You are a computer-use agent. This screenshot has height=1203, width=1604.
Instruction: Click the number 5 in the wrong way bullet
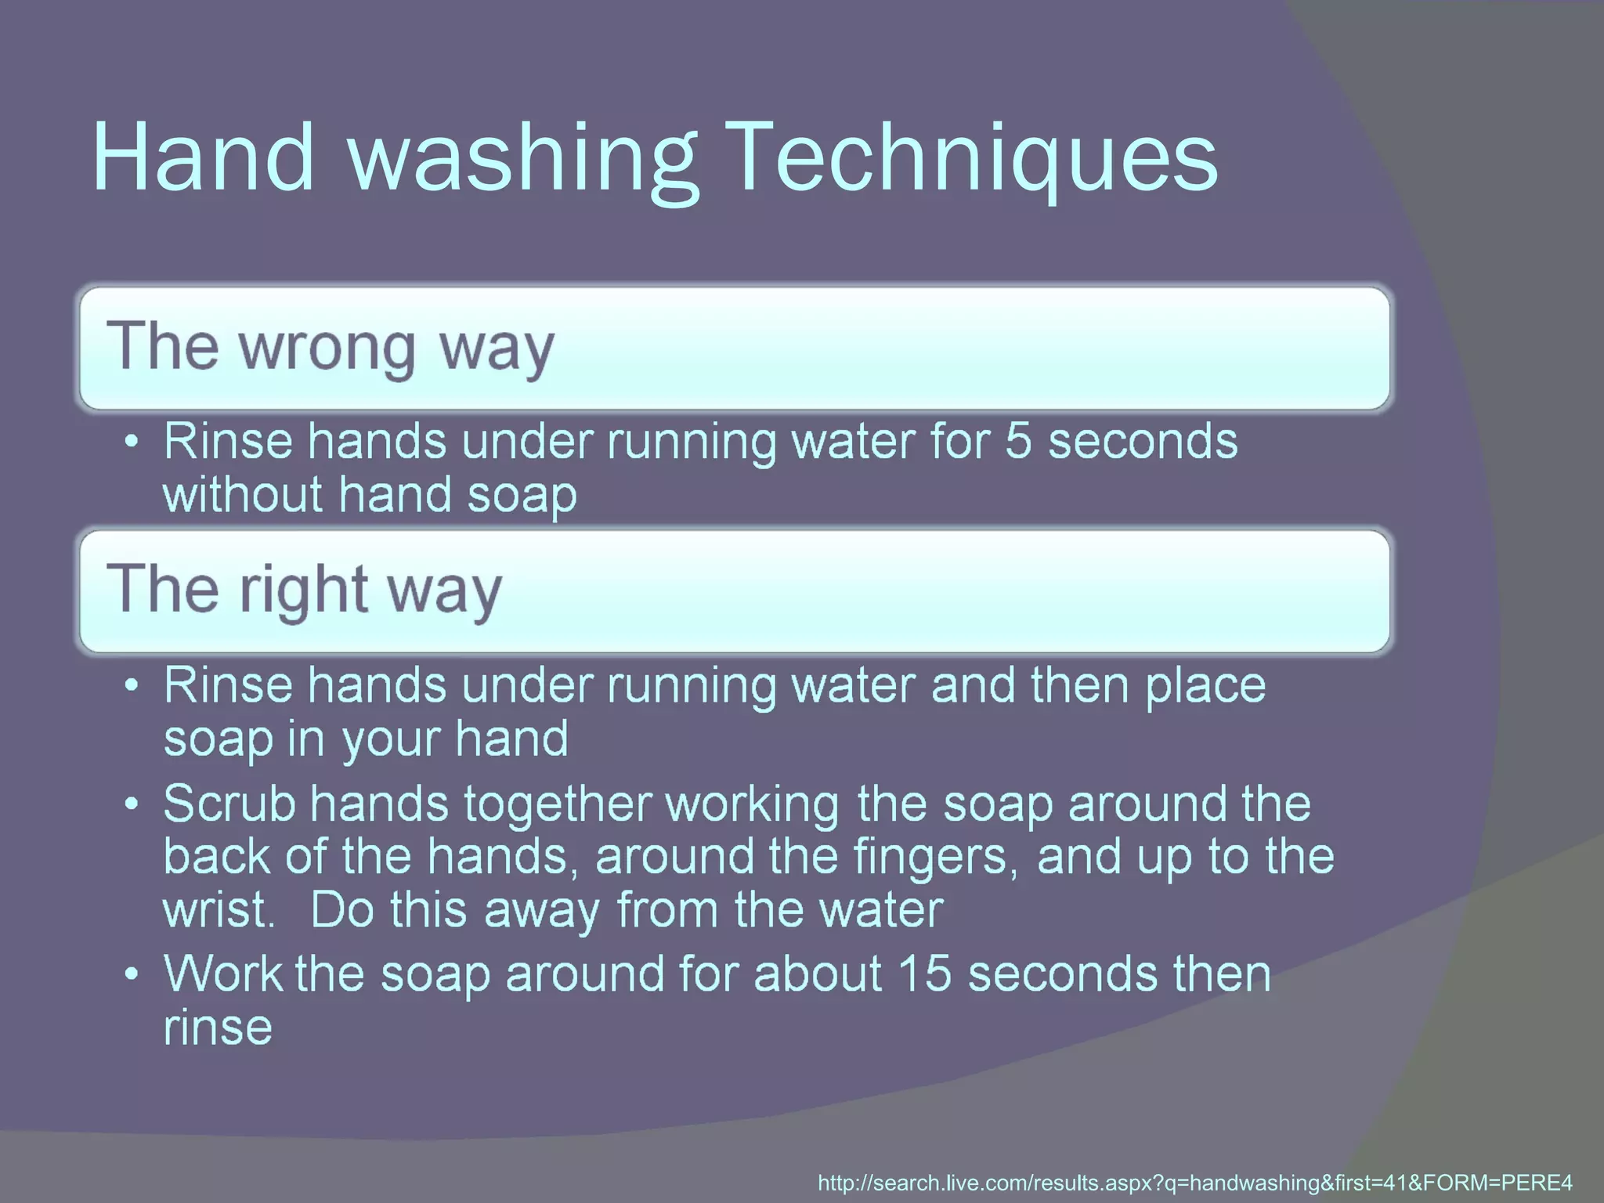[x=1018, y=441]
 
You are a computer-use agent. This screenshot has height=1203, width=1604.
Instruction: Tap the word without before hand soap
[x=242, y=495]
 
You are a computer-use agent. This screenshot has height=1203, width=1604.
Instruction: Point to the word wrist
[x=217, y=910]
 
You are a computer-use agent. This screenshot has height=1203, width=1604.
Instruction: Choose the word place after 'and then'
[x=1205, y=686]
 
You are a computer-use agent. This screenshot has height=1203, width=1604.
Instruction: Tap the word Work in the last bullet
[x=222, y=974]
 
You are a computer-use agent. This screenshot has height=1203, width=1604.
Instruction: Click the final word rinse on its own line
[x=218, y=1028]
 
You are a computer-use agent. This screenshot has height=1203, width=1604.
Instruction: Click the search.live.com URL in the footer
[x=1194, y=1183]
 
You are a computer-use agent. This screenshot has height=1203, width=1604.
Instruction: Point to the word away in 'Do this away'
[x=541, y=911]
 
